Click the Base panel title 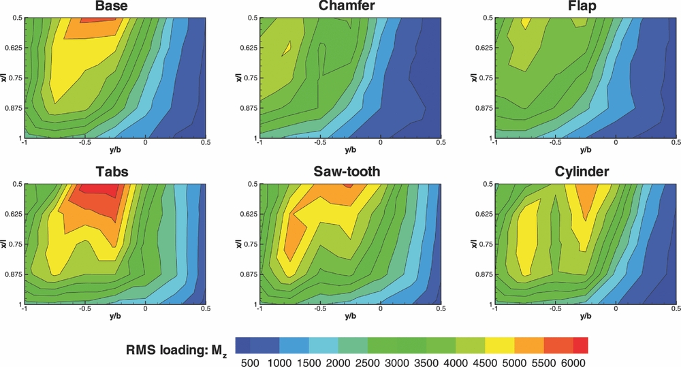coord(113,7)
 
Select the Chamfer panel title coord(348,7)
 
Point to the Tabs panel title coord(113,173)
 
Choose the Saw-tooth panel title coord(348,173)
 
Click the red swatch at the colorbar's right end coord(580,345)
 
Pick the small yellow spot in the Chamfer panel coord(289,48)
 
